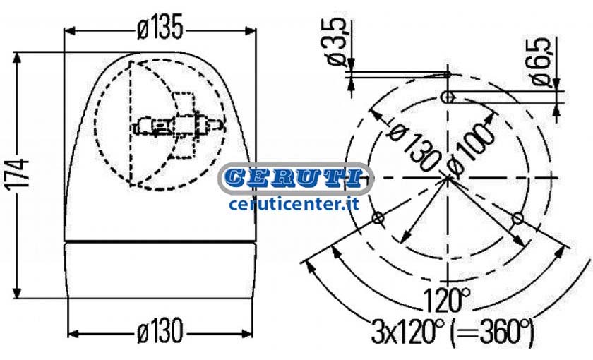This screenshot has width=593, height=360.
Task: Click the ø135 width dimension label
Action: pos(160,28)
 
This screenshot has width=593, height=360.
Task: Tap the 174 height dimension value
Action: pos(18,173)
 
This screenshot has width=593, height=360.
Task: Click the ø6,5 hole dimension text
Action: pos(540,62)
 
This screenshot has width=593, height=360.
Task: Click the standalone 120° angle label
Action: pos(446,299)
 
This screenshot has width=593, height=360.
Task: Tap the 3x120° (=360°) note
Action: pos(453,331)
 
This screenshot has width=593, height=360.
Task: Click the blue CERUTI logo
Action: pos(296,179)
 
